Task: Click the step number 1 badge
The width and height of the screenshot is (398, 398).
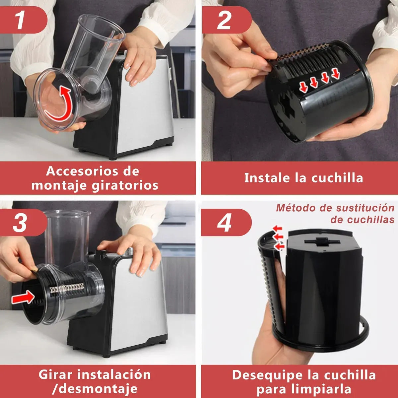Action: pos(21,20)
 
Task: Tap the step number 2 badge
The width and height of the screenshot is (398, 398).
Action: pos(224,20)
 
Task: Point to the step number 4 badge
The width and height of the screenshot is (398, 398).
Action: pos(225,223)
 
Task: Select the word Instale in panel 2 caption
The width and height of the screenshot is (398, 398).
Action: pos(267,178)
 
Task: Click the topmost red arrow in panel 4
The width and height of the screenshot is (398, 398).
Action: pos(277,228)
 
